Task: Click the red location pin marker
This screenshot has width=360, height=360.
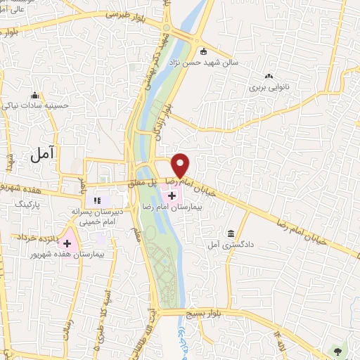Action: coord(181,165)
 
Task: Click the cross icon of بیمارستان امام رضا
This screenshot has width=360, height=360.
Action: coord(172,193)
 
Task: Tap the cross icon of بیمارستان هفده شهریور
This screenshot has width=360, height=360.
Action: coord(68,243)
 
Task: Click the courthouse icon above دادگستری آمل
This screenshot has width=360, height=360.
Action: coord(231,234)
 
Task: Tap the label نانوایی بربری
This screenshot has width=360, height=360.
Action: coord(269,89)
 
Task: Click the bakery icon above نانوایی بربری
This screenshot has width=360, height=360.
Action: coord(269,77)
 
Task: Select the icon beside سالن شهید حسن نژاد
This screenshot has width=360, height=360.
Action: coord(204,51)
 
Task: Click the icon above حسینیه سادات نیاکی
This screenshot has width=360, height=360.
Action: coord(34,96)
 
